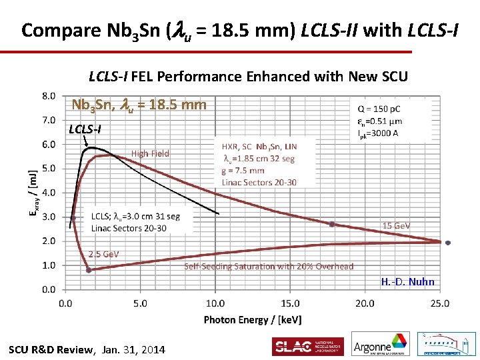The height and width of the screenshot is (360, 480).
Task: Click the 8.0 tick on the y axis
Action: pos(49,96)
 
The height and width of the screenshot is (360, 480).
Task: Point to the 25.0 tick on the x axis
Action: pos(439,303)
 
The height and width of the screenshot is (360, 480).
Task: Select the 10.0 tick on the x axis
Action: pos(215,303)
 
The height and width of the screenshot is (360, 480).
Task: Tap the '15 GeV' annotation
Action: pos(396,226)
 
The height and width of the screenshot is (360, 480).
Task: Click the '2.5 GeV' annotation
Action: pos(104,254)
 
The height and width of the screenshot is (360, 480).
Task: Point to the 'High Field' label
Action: pos(150,153)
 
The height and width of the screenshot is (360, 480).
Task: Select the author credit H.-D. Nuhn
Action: pos(407,281)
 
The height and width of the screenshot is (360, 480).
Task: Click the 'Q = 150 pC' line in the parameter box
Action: pos(379,109)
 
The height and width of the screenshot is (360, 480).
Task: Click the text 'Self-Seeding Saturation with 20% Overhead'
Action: pos(269,267)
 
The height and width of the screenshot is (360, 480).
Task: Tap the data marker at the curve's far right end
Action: pos(447,243)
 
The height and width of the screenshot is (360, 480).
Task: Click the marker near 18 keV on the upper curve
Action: pos(332,224)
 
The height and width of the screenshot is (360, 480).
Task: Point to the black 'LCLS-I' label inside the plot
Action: pos(85,129)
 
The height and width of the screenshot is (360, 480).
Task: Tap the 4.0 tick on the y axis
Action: pos(49,193)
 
